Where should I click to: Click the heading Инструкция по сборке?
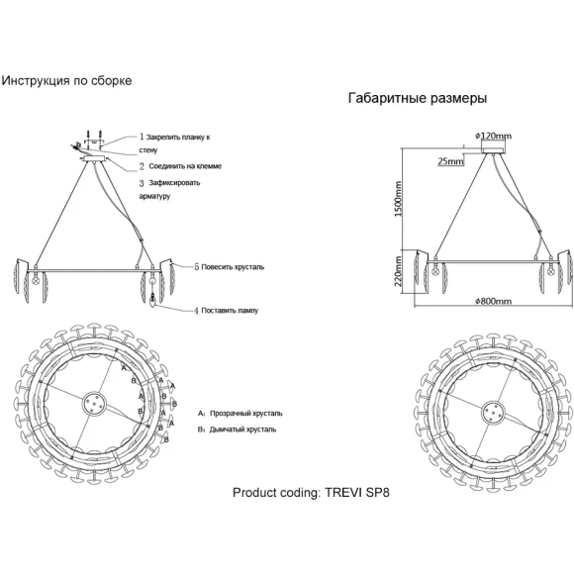(66, 81)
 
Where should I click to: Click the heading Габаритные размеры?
(418, 98)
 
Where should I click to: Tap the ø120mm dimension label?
(493, 137)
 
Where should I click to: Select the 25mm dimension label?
(450, 161)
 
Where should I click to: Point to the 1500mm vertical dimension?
(398, 199)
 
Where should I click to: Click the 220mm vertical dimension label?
(398, 271)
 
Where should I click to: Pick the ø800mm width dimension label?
(493, 301)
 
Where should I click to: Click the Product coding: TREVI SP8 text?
(311, 493)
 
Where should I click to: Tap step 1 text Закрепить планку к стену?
(174, 143)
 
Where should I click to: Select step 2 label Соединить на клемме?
(180, 166)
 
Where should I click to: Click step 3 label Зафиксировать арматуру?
(169, 189)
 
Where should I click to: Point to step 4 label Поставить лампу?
(227, 311)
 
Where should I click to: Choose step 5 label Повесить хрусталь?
(230, 267)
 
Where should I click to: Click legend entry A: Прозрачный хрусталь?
(240, 414)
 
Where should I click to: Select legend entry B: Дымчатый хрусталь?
(237, 430)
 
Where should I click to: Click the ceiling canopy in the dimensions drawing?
(493, 149)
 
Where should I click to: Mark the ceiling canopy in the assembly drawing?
(95, 159)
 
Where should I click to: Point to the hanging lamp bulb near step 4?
(152, 298)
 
